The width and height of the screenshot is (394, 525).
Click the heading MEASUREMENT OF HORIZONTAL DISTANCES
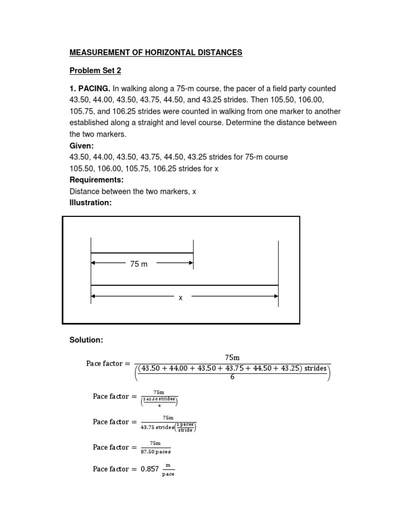click(x=155, y=52)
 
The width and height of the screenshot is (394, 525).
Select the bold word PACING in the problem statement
click(x=93, y=89)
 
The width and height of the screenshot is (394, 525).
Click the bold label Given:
click(x=82, y=145)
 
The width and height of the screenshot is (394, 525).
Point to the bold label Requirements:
click(x=95, y=180)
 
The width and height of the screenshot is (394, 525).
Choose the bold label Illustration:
click(x=90, y=203)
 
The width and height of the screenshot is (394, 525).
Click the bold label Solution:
click(x=86, y=340)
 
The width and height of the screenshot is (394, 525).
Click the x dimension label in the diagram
click(x=181, y=297)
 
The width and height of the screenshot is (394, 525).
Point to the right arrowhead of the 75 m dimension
click(x=191, y=264)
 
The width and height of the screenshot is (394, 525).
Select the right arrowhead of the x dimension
click(x=275, y=296)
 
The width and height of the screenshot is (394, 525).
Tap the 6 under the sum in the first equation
click(x=232, y=377)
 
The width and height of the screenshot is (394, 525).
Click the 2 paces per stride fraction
click(x=186, y=427)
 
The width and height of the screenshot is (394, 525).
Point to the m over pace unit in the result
click(x=168, y=469)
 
